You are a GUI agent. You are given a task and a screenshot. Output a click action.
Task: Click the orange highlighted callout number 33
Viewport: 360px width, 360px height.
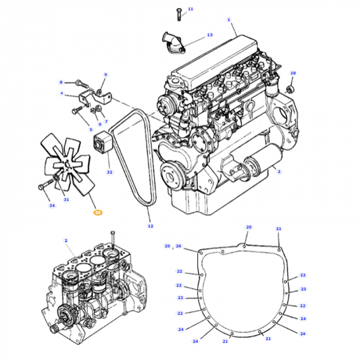(97, 212)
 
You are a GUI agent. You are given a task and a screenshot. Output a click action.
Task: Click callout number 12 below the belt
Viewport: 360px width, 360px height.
(150, 226)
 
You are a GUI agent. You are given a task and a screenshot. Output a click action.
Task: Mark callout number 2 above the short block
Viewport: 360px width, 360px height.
(66, 240)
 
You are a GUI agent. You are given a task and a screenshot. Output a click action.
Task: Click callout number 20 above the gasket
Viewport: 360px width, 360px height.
(249, 228)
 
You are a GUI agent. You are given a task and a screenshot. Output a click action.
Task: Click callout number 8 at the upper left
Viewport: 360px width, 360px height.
(60, 81)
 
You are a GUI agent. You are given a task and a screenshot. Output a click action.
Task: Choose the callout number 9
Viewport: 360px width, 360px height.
(105, 74)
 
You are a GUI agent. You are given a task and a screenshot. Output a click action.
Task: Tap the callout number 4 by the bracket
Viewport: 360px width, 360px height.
(61, 94)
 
